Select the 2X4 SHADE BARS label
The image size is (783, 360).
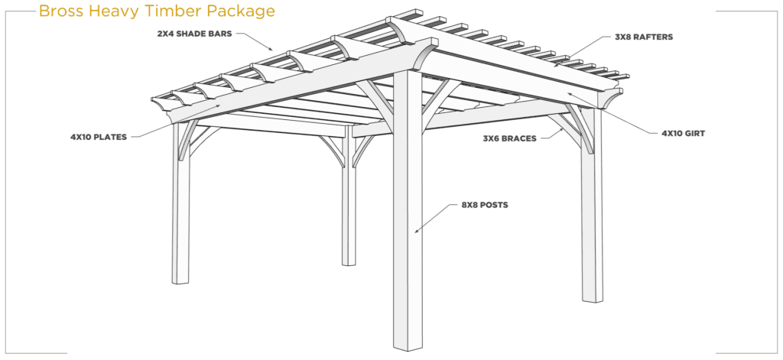coord(194,34)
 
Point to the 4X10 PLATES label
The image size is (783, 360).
coord(99,136)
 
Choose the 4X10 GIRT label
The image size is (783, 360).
coord(683,134)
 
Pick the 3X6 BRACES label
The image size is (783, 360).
coord(509,139)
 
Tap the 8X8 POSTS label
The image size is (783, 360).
coord(485,205)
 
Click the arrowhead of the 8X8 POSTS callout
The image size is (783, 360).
coord(417,231)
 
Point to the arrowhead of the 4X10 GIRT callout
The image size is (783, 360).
coord(570,93)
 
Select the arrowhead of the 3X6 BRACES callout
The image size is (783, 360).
coord(563,128)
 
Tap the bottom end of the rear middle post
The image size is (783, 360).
coord(349,264)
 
